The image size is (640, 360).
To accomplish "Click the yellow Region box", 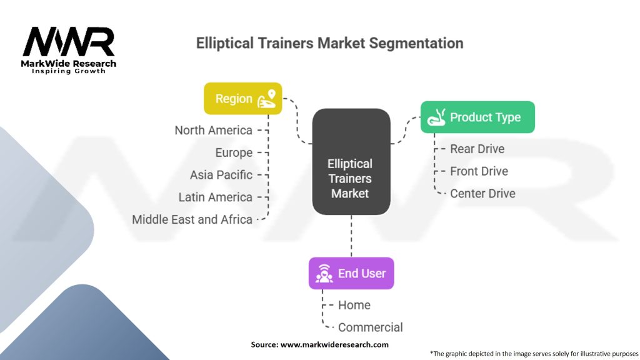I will click(x=242, y=99).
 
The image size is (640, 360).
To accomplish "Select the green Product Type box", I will click(x=477, y=117).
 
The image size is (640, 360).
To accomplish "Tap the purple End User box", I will click(x=351, y=273).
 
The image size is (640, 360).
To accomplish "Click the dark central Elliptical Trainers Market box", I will click(x=351, y=161).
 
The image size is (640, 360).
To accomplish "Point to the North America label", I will click(x=214, y=130).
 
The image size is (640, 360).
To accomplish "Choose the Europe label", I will click(x=234, y=152).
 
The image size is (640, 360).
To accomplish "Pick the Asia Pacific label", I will click(x=221, y=175).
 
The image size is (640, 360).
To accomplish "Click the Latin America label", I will click(x=216, y=197).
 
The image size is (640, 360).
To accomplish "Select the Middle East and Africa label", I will click(x=192, y=219).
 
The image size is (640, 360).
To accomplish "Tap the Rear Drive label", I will click(x=477, y=149).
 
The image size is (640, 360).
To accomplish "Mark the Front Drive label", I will click(x=479, y=171).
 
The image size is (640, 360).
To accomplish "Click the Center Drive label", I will click(x=482, y=193).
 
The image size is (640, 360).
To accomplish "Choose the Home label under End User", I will click(x=354, y=305).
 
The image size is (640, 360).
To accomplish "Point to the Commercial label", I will click(x=371, y=327).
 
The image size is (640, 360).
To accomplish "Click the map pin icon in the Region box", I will click(x=268, y=99).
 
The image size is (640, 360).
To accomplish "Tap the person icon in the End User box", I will click(x=323, y=273).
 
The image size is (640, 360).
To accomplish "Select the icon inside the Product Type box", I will click(x=435, y=117).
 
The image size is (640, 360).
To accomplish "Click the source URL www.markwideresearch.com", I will click(x=335, y=344).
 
